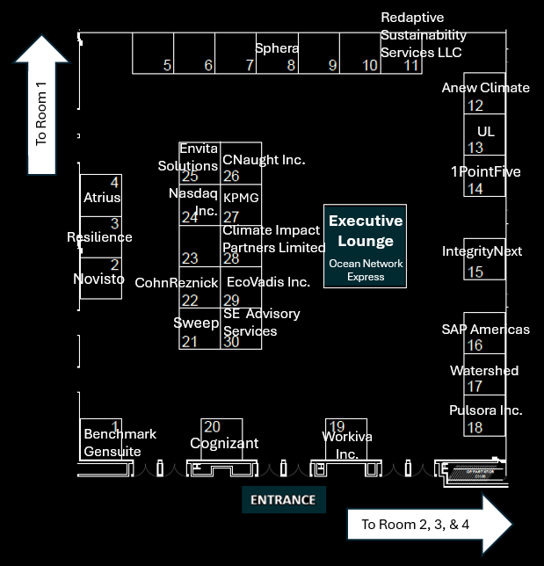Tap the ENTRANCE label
tap(283, 500)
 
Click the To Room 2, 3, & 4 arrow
tap(428, 526)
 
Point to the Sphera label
tap(277, 47)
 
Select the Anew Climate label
tap(485, 88)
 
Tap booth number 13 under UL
tap(475, 148)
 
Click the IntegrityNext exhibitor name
tap(482, 251)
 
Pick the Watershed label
tap(484, 371)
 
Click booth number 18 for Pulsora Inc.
tap(475, 428)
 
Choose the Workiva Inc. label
tap(340, 445)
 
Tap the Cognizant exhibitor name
tap(224, 444)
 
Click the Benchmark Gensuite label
tap(120, 443)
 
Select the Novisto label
tap(98, 279)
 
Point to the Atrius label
tap(102, 198)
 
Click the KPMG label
tap(241, 198)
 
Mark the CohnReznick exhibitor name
tap(176, 283)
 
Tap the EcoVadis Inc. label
tap(268, 282)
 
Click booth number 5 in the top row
tap(167, 66)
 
